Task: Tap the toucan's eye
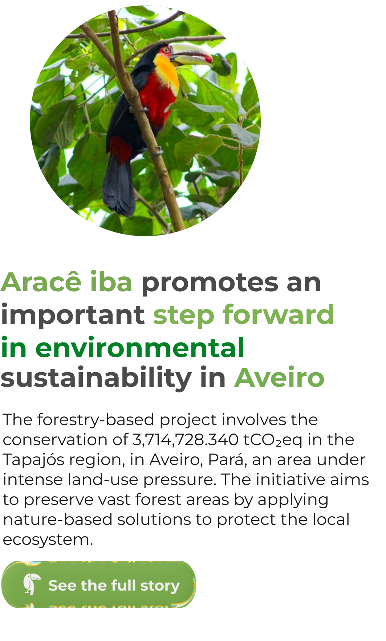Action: point(166,50)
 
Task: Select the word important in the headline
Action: point(73,315)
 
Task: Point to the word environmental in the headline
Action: point(140,348)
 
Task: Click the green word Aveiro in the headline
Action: point(279,378)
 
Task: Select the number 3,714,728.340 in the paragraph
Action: point(185,440)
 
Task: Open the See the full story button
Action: point(99,584)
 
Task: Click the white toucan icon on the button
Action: point(32,584)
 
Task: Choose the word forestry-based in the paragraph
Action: point(96,420)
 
